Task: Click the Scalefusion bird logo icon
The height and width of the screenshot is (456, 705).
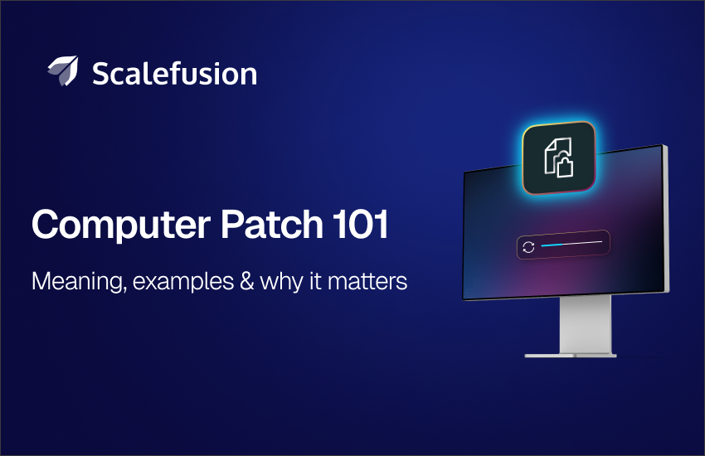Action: (x=63, y=70)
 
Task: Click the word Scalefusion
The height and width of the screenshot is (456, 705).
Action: (x=174, y=73)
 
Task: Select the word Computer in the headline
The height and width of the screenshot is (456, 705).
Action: (x=121, y=225)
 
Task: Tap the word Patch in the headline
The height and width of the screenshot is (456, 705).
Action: (x=271, y=223)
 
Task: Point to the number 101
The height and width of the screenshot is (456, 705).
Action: (x=360, y=223)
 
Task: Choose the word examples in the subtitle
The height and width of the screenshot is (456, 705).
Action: (x=183, y=282)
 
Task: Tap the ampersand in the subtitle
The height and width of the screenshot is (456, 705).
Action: (x=247, y=281)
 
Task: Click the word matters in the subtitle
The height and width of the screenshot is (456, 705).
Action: (x=367, y=282)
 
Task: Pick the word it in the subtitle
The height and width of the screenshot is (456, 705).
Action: (x=315, y=281)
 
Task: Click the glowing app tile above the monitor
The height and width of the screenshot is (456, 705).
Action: (x=559, y=158)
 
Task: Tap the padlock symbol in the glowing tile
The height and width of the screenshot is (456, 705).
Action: (x=565, y=166)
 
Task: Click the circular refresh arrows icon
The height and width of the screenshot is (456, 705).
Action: (x=528, y=247)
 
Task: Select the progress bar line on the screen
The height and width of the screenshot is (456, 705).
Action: (x=571, y=244)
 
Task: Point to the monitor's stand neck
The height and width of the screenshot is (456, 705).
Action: (x=586, y=324)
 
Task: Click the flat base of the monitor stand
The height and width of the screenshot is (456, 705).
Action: (x=571, y=356)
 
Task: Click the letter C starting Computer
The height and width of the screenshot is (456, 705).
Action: (x=45, y=224)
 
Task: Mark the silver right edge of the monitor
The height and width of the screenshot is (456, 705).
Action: (x=666, y=218)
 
